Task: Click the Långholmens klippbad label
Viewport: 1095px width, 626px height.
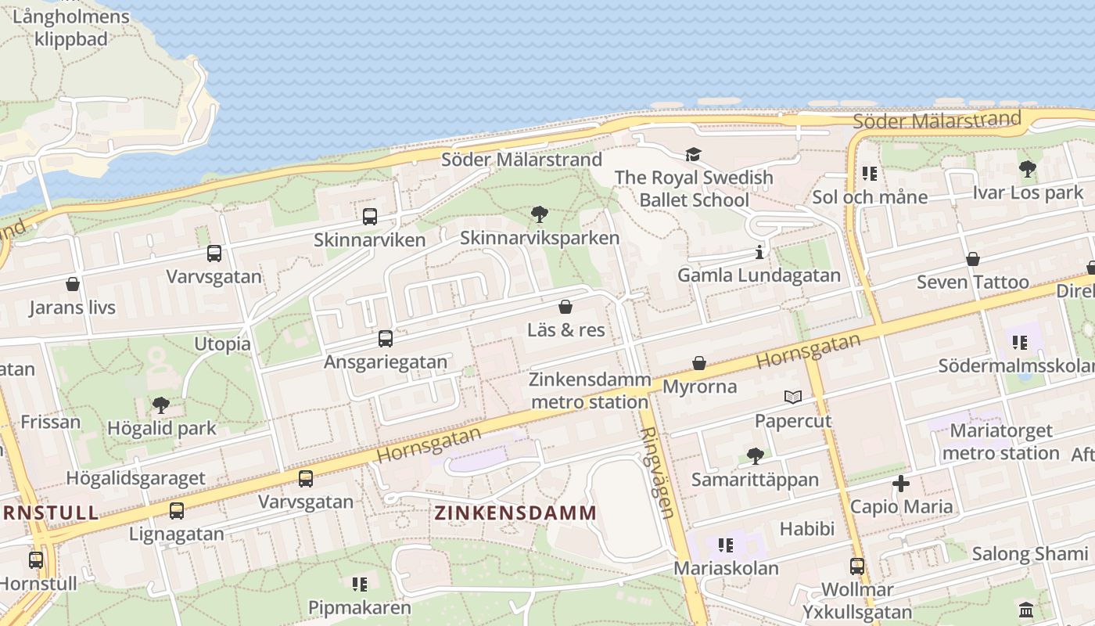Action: click(x=71, y=27)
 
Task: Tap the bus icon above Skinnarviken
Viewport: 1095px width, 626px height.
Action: click(x=370, y=217)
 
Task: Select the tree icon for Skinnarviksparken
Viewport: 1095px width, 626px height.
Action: click(x=539, y=214)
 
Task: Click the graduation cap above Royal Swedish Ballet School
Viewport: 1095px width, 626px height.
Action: click(x=694, y=154)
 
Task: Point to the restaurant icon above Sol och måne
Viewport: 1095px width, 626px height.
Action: click(x=869, y=174)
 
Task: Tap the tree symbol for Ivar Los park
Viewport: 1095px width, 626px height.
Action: click(x=1028, y=169)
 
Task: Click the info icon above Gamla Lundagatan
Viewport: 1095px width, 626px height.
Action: click(x=759, y=252)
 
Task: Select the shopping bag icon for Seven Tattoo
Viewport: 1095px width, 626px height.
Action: click(x=973, y=259)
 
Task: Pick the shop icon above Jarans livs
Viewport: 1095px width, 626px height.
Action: click(x=73, y=284)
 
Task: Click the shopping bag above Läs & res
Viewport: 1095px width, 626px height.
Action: click(x=565, y=307)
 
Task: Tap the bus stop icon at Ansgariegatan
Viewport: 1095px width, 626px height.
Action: click(x=386, y=339)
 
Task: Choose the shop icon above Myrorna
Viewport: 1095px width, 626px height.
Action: click(x=699, y=364)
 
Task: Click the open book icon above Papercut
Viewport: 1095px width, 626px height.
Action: click(x=793, y=398)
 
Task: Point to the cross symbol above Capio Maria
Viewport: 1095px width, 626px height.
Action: click(x=901, y=484)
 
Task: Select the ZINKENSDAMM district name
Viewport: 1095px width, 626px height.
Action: click(x=515, y=513)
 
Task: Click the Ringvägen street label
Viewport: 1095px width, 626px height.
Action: click(x=657, y=473)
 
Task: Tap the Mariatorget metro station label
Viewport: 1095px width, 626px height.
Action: click(x=1001, y=441)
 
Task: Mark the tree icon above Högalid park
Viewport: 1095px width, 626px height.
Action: click(x=161, y=405)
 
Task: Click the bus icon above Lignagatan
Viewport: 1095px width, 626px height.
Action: click(x=177, y=511)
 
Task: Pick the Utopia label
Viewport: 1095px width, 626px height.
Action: click(x=222, y=344)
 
